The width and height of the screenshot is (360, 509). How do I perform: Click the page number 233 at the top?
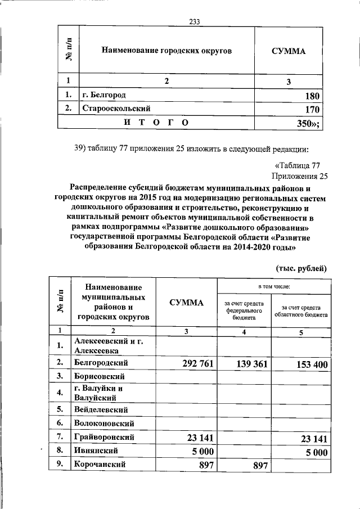point(195,22)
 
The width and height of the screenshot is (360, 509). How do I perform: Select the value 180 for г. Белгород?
point(312,96)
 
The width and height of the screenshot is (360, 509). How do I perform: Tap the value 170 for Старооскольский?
point(312,109)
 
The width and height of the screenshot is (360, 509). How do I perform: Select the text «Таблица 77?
point(298,165)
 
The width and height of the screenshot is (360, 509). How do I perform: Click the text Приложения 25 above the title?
point(299,175)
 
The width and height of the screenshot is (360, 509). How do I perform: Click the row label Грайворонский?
point(104,436)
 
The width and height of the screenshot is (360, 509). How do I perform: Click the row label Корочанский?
point(100,465)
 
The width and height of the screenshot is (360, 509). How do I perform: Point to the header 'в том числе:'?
point(273,286)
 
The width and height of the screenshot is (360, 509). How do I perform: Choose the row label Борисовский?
point(99,376)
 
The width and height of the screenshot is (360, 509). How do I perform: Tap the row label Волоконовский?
point(105,422)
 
